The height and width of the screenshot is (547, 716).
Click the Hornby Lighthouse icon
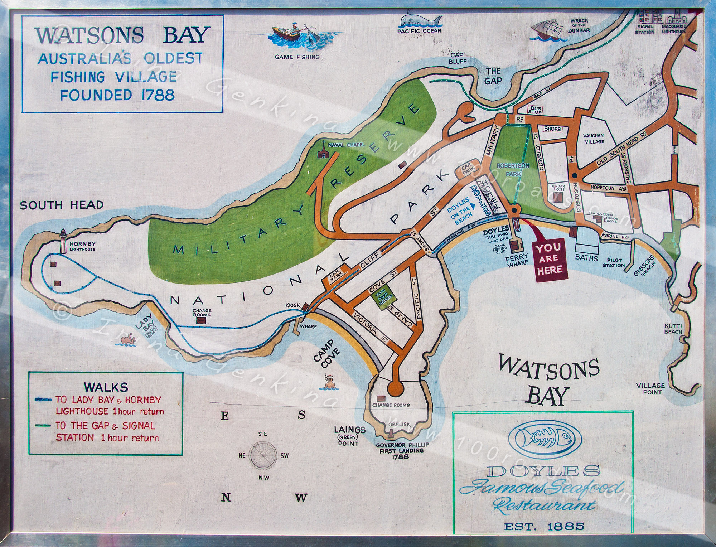[x=63, y=241]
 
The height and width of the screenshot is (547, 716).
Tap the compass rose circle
[x=264, y=456]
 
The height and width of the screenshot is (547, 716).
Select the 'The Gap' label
[x=493, y=76]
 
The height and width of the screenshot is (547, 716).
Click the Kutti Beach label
[x=673, y=328]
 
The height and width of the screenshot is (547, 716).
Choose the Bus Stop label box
[x=536, y=110]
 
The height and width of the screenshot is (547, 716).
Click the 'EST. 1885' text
[x=544, y=527]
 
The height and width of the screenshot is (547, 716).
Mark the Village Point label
[x=650, y=388]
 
